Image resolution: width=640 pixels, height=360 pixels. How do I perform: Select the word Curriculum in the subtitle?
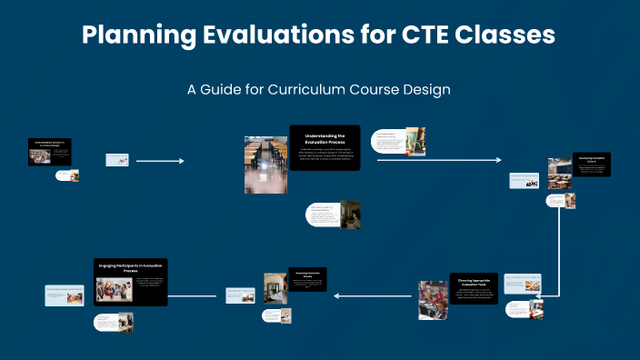[x=308, y=90]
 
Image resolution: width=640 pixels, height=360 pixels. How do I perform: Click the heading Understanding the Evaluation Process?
[x=325, y=139]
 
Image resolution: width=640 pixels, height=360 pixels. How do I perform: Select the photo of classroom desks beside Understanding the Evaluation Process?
[x=259, y=165]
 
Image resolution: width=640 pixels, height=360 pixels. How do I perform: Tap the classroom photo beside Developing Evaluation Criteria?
[x=559, y=174]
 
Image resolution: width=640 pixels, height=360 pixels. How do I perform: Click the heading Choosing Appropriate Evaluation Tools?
[x=473, y=283]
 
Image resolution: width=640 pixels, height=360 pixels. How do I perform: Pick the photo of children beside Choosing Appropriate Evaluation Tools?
[x=433, y=300]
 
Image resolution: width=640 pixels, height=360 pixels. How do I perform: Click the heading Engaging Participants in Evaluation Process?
[x=131, y=268]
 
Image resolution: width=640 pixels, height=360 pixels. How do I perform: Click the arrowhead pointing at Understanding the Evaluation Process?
[x=181, y=161]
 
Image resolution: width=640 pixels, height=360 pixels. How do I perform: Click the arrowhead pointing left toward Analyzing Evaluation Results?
[x=335, y=295]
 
